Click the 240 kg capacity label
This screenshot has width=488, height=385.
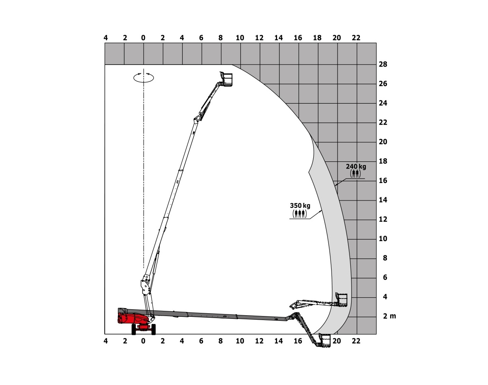pos(356,167)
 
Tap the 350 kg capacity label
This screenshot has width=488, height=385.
pos(300,206)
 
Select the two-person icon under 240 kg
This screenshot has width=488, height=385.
pos(355,174)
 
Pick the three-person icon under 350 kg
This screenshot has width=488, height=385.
pos(300,214)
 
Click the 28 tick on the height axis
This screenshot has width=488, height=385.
pos(383,64)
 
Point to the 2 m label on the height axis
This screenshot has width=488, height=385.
pos(389,316)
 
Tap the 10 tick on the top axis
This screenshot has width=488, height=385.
pos(240,38)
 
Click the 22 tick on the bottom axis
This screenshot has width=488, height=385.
pos(356,341)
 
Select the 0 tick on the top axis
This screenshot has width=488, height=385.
pos(143,38)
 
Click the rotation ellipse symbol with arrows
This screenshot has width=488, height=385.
pos(144,78)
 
